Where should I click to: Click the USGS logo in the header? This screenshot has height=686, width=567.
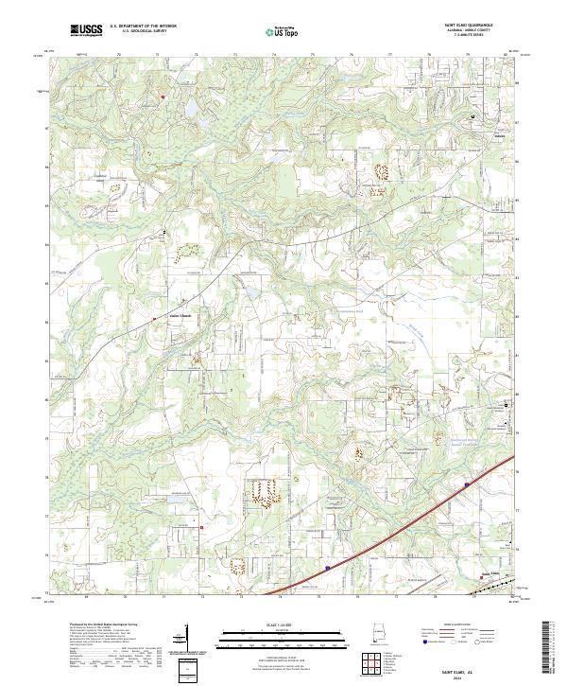click(x=85, y=31)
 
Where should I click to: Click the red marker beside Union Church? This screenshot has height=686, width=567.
click(x=155, y=319)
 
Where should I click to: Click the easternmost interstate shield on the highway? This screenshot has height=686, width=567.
click(x=467, y=484)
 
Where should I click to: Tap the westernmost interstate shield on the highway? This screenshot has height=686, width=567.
click(x=326, y=569)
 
